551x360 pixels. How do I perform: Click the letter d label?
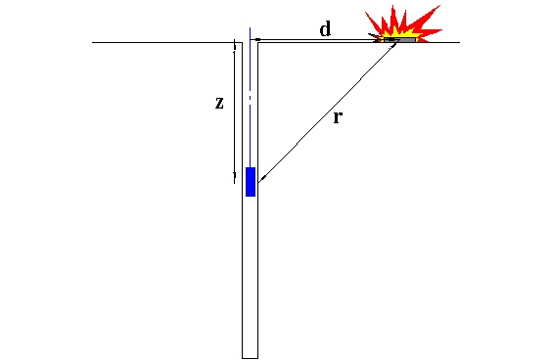(x=325, y=29)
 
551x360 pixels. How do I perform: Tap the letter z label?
(x=219, y=103)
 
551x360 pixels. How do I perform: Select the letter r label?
(x=338, y=117)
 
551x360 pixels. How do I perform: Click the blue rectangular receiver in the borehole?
(x=251, y=182)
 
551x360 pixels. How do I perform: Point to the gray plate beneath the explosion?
(x=399, y=40)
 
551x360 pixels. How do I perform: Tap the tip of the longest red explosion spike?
(x=440, y=5)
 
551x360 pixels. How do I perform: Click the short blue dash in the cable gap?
(x=250, y=98)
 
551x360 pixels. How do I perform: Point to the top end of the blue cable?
(x=251, y=27)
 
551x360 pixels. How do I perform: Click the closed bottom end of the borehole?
(x=250, y=358)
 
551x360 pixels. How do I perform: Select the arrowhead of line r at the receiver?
(x=261, y=180)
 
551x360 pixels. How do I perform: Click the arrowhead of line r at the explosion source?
(x=395, y=44)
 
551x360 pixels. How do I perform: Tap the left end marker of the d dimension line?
(x=257, y=39)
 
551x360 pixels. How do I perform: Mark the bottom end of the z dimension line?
(x=234, y=183)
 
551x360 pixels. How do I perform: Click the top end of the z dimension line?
(x=234, y=43)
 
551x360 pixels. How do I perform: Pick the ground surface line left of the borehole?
(x=167, y=42)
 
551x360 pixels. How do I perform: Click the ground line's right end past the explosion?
(x=460, y=42)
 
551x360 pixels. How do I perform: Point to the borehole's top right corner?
(x=258, y=42)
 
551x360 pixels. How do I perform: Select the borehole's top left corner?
(x=242, y=42)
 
